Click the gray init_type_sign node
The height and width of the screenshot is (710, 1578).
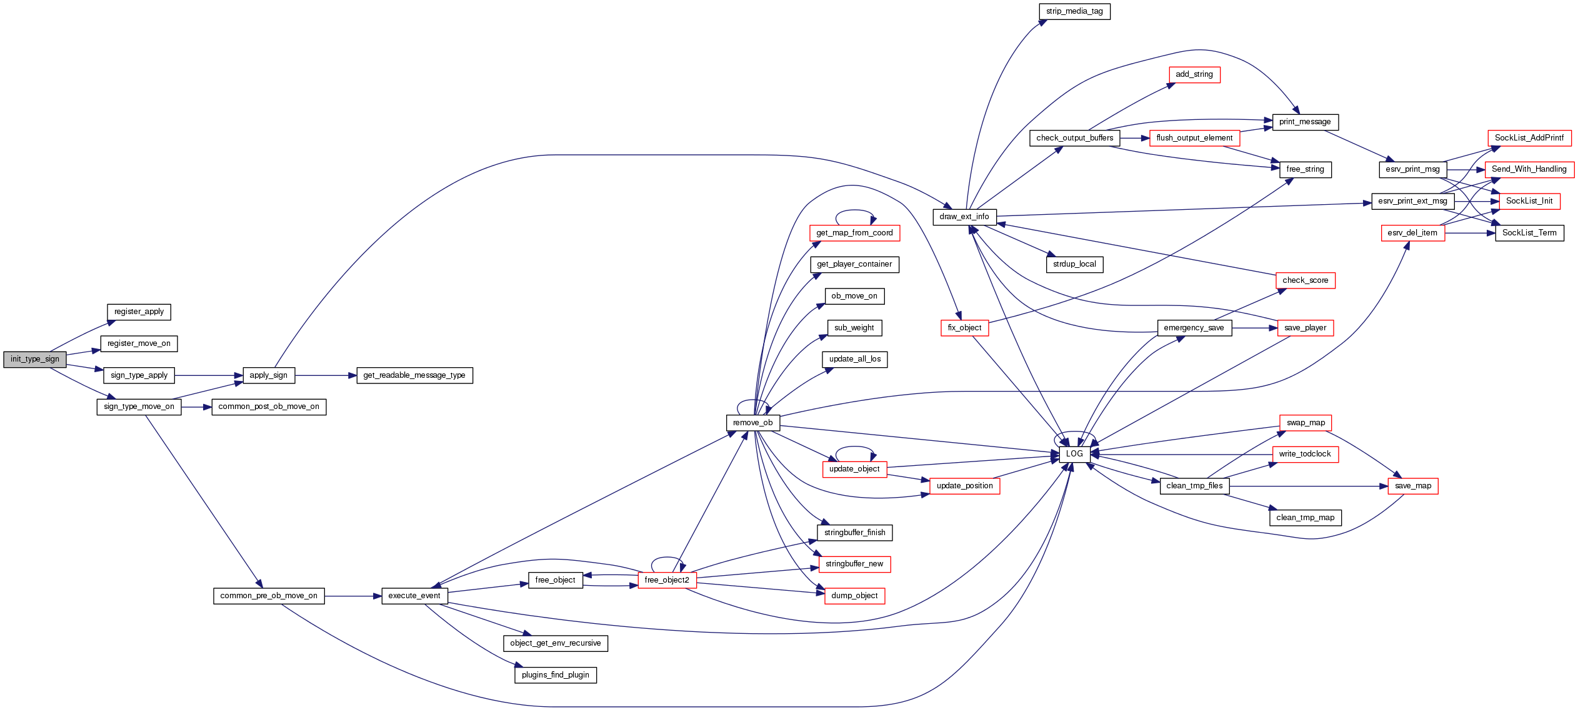34,359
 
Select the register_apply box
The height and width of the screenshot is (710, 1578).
139,312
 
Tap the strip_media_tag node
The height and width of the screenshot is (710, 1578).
1074,11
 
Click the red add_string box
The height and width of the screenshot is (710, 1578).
1194,74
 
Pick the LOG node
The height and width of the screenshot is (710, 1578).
1074,454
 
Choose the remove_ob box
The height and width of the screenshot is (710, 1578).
752,423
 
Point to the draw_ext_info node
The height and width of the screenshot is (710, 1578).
964,217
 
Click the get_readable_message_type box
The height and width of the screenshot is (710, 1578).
414,375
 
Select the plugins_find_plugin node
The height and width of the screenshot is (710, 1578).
555,675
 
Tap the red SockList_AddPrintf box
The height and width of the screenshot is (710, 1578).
1529,138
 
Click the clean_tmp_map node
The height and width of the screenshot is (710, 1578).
1305,518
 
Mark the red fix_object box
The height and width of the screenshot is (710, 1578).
964,328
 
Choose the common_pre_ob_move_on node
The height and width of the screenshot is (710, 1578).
269,596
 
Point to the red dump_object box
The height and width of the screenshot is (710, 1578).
854,596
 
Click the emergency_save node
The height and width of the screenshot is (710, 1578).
1194,328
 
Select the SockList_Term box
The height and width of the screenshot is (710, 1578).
1529,233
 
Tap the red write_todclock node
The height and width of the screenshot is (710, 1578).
1305,454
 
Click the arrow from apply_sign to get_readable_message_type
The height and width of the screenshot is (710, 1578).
325,375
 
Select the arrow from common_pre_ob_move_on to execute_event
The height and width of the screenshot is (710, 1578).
353,596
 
